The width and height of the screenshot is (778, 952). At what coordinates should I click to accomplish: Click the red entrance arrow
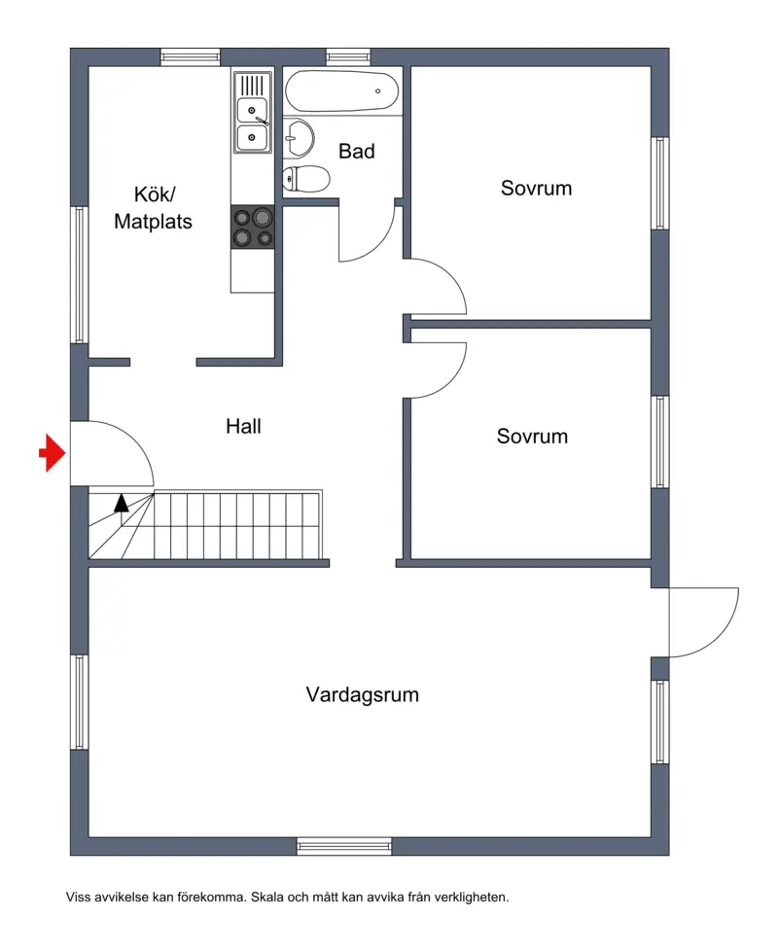point(53,452)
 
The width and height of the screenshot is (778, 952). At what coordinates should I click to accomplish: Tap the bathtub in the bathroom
point(341,91)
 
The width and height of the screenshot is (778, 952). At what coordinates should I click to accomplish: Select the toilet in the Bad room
point(306,179)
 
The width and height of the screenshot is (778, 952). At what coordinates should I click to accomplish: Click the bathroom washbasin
point(299,138)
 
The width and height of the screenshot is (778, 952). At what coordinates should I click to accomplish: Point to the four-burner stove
point(253,227)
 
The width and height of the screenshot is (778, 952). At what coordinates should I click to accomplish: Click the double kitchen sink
point(253,113)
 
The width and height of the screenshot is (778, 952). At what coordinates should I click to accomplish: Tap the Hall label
point(243,426)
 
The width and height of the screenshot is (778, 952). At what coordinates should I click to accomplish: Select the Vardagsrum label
point(363,694)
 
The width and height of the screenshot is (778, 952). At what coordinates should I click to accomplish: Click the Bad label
point(357,151)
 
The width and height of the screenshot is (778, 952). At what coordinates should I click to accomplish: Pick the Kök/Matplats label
point(153,208)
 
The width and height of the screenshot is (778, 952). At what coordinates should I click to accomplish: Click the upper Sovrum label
point(536,189)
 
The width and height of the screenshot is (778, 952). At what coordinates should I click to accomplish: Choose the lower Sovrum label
point(533,436)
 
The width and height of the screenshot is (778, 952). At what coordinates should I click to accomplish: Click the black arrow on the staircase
point(122,503)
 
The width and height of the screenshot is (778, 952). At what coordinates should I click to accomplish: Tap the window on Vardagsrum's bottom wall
point(344,846)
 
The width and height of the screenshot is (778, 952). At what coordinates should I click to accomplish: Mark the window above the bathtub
point(348,57)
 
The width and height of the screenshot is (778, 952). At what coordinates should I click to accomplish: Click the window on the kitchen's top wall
point(190,57)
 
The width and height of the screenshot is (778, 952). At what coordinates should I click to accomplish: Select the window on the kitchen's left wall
point(80,275)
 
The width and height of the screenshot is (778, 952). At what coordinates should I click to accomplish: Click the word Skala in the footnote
point(267,897)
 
